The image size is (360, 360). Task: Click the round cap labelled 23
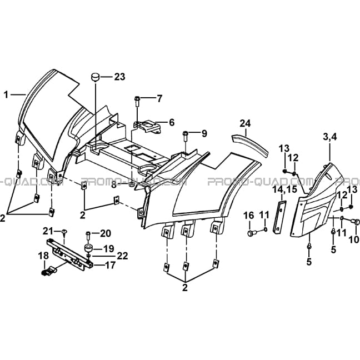(x=96, y=77)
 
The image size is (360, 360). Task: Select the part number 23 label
(x=119, y=77)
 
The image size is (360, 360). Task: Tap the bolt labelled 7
(x=137, y=101)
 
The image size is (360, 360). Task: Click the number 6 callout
(x=172, y=122)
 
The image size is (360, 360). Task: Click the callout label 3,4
(x=330, y=137)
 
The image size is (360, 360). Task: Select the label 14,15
(x=284, y=189)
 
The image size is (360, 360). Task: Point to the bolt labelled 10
(x=356, y=222)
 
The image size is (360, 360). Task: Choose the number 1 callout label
(x=6, y=94)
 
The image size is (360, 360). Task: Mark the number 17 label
(x=110, y=266)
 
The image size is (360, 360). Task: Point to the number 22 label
(x=122, y=256)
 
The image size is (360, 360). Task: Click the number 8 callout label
(x=114, y=185)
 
